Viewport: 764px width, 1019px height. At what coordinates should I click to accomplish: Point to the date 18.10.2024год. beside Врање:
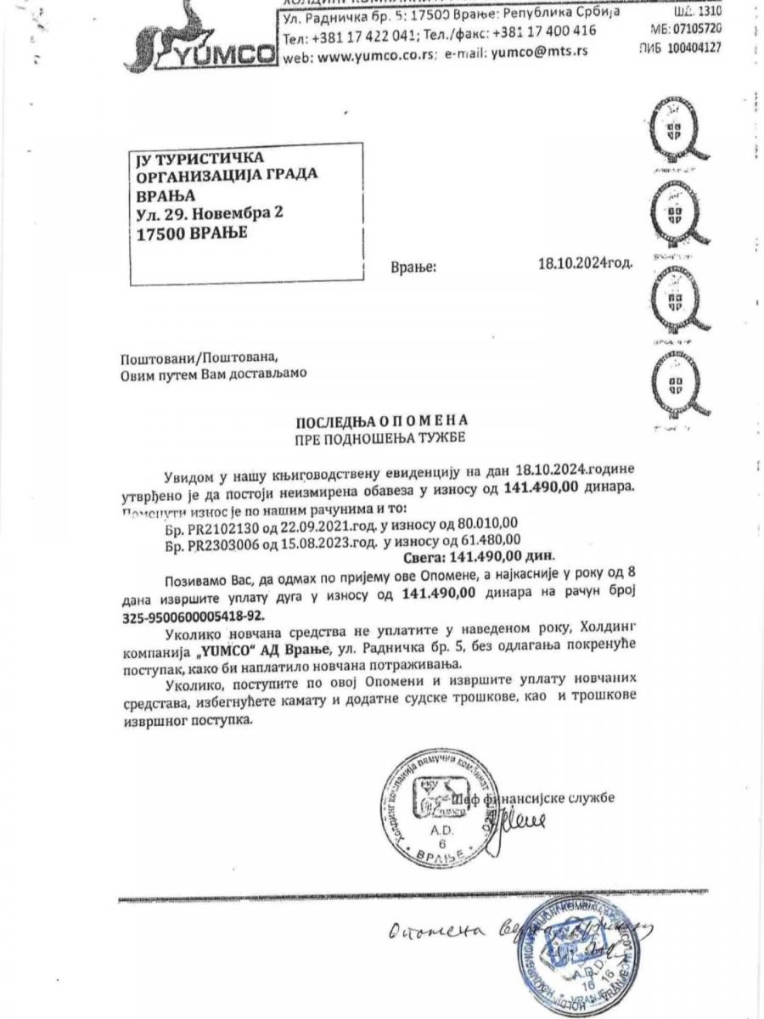pos(585,263)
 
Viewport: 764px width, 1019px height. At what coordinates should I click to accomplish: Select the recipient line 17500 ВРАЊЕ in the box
pos(192,233)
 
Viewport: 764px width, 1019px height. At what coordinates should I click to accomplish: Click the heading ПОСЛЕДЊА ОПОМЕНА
pos(381,421)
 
